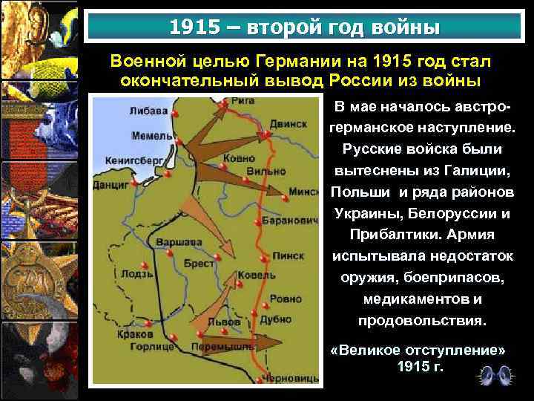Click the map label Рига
tap(243, 100)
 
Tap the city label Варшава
tap(182, 242)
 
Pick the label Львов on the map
tap(224, 322)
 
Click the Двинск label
tap(288, 123)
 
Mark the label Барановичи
tap(291, 221)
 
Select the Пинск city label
tap(289, 255)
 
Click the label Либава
tap(148, 111)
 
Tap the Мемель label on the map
tap(151, 136)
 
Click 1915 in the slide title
tap(194, 27)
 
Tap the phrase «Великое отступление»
tap(421, 349)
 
